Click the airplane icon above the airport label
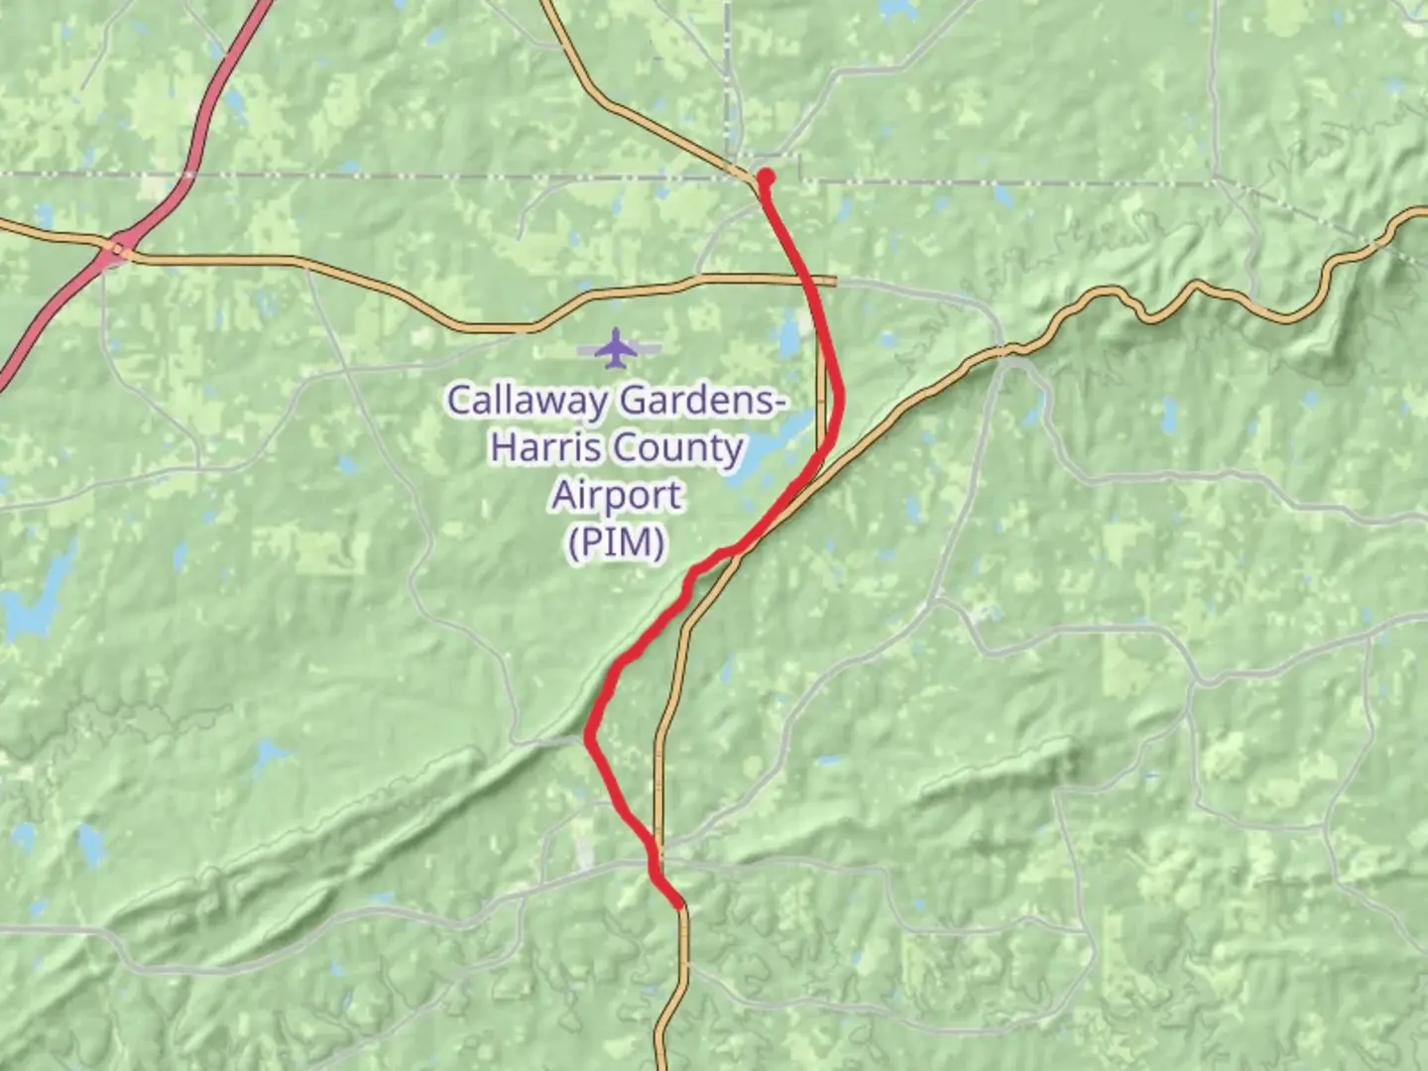pos(618,348)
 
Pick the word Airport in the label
pos(617,495)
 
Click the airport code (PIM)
pos(617,542)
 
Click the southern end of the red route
pos(679,903)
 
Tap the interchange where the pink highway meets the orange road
pos(117,249)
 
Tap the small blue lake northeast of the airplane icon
pos(788,338)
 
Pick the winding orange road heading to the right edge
pos(1220,295)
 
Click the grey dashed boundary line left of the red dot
pos(397,176)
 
